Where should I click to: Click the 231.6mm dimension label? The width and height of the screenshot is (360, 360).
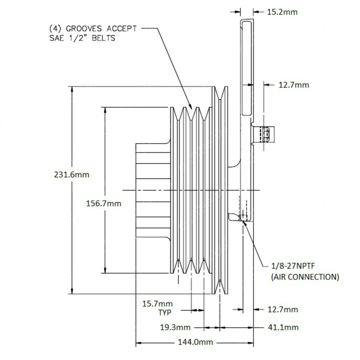[72, 174]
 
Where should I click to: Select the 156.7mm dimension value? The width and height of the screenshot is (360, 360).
[104, 203]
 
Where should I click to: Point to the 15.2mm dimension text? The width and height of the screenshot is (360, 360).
[282, 12]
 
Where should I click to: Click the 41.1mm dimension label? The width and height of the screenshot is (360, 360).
[283, 327]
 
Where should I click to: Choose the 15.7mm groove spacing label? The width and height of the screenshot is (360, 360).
[157, 303]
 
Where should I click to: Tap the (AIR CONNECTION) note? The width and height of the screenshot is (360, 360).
[305, 277]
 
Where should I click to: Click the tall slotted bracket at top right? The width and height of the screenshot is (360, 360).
[247, 67]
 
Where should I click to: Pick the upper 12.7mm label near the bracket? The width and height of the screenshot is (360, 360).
[294, 85]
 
